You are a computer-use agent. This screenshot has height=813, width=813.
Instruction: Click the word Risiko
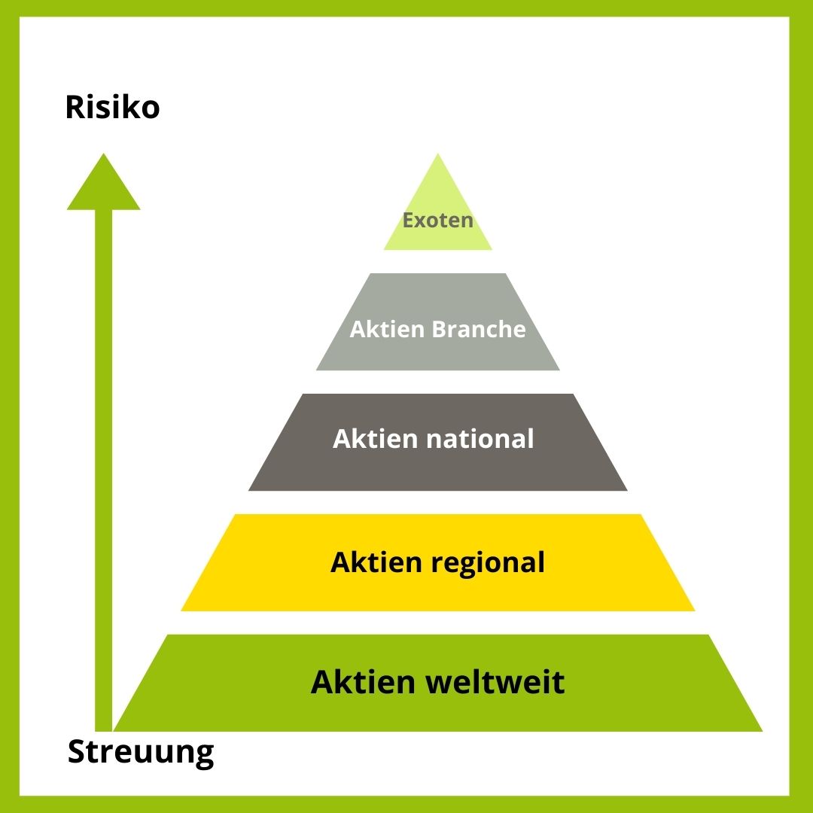(112, 108)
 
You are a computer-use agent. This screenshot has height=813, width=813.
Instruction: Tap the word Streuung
(141, 752)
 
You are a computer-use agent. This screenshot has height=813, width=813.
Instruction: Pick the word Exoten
(438, 221)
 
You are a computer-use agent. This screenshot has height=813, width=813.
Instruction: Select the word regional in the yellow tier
(489, 562)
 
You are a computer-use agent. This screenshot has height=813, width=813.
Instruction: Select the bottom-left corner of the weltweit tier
(115, 730)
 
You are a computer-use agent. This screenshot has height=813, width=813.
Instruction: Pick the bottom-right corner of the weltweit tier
(761, 730)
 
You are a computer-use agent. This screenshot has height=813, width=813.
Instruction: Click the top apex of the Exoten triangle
(438, 155)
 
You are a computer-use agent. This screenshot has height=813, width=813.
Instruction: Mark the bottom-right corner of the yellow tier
(693, 610)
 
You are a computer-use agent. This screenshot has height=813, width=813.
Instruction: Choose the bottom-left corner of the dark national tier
(250, 490)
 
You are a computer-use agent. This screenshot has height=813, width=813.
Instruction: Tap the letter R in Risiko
(74, 108)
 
